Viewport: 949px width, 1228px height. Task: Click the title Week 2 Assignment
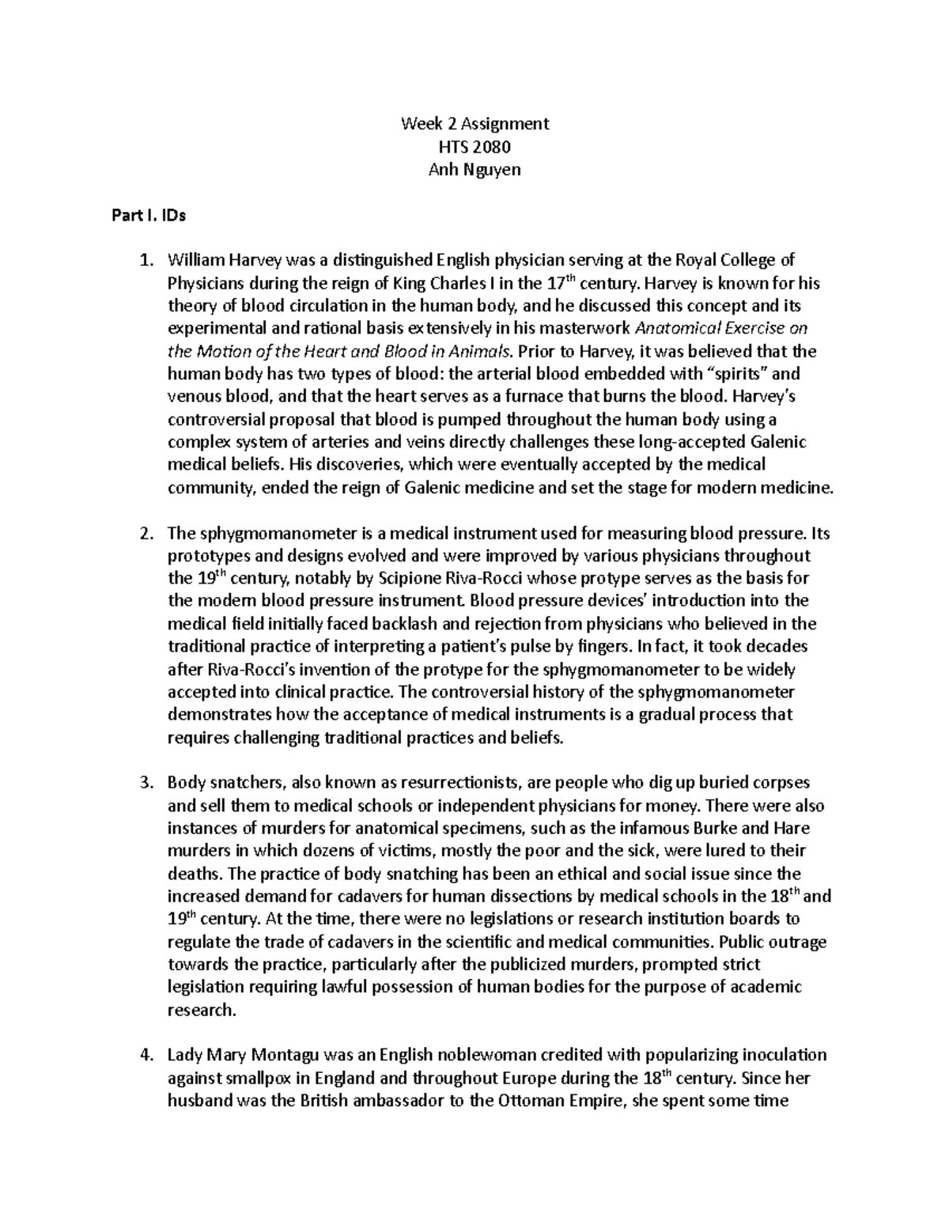tap(475, 123)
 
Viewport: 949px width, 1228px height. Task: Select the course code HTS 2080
tap(475, 146)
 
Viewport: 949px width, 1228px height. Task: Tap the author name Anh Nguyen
tap(475, 169)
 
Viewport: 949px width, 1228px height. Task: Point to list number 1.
tap(144, 260)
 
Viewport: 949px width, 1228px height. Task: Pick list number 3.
tap(144, 783)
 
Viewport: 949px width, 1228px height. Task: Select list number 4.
tap(144, 1055)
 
